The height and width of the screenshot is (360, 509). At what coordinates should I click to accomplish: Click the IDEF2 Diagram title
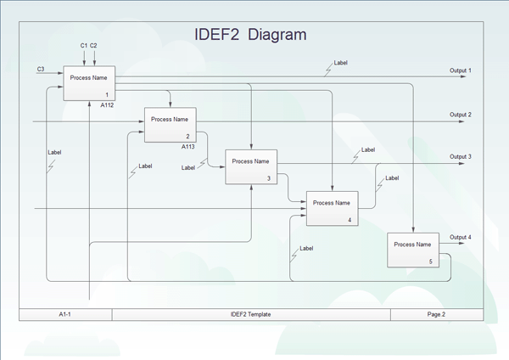[250, 35]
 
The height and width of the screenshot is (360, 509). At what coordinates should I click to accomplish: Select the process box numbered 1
[89, 83]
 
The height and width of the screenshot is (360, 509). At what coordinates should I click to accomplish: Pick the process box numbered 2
[170, 125]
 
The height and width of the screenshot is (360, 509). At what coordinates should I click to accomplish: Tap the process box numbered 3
[250, 166]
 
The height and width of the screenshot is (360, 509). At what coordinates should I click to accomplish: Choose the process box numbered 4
[331, 208]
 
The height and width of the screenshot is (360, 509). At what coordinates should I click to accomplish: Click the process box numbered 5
[412, 250]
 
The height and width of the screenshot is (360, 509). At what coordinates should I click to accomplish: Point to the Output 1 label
[461, 70]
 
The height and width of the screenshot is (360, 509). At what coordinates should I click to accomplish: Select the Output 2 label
[461, 114]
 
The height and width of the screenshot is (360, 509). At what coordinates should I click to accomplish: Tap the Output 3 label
[461, 156]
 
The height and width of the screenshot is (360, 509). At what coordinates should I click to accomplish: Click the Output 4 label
[461, 237]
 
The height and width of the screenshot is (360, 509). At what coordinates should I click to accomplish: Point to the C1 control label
[84, 44]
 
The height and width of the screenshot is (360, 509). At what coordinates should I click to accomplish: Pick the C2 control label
[94, 44]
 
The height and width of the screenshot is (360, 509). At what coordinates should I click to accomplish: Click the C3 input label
[41, 67]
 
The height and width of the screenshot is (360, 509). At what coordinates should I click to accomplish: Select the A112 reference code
[107, 105]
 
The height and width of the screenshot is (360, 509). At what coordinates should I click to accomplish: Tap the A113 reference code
[188, 146]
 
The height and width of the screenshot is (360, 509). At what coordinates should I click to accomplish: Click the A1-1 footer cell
[64, 314]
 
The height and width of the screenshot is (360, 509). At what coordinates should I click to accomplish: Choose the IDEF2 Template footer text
[250, 314]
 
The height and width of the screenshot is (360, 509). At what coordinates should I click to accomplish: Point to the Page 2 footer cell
[436, 314]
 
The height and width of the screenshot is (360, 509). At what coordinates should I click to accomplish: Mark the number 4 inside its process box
[350, 220]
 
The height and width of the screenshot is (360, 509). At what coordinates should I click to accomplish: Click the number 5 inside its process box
[430, 262]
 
